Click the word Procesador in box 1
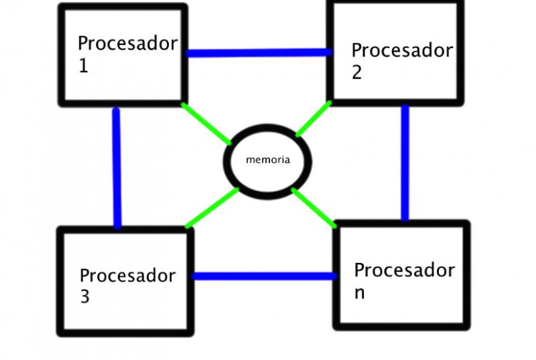point(127,44)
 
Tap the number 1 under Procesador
point(84,65)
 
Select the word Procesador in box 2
point(402,50)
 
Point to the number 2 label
point(356,72)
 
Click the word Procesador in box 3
point(127,276)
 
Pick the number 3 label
point(85,296)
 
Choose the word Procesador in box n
point(405,270)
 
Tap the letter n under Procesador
point(359,294)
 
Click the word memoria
point(268,160)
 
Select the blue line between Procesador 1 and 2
point(259,53)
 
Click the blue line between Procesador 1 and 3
point(117,168)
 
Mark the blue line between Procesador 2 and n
point(405,163)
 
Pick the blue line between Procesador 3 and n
point(265,276)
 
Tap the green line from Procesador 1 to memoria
point(206,123)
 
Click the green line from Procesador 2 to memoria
point(314,119)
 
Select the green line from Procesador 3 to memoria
point(212,208)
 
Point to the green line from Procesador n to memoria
point(314,208)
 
